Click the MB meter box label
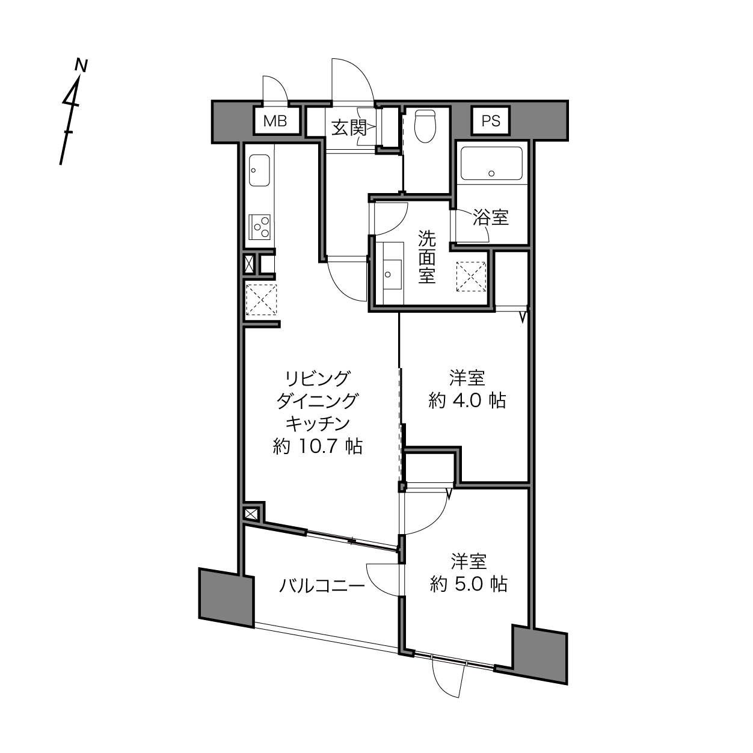click(275, 121)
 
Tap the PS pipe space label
click(491, 121)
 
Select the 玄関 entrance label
click(349, 128)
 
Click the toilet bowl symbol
click(425, 126)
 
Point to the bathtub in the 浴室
click(491, 164)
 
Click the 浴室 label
click(491, 217)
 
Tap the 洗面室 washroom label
click(426, 257)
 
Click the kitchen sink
click(259, 170)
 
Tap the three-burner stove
click(259, 227)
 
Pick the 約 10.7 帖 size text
click(318, 446)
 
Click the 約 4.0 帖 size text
click(467, 401)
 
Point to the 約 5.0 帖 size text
click(469, 584)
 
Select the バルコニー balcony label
click(322, 586)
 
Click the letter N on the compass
click(81, 66)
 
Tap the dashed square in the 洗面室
click(472, 277)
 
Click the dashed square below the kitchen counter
click(262, 300)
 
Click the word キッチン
click(318, 423)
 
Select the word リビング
click(317, 378)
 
